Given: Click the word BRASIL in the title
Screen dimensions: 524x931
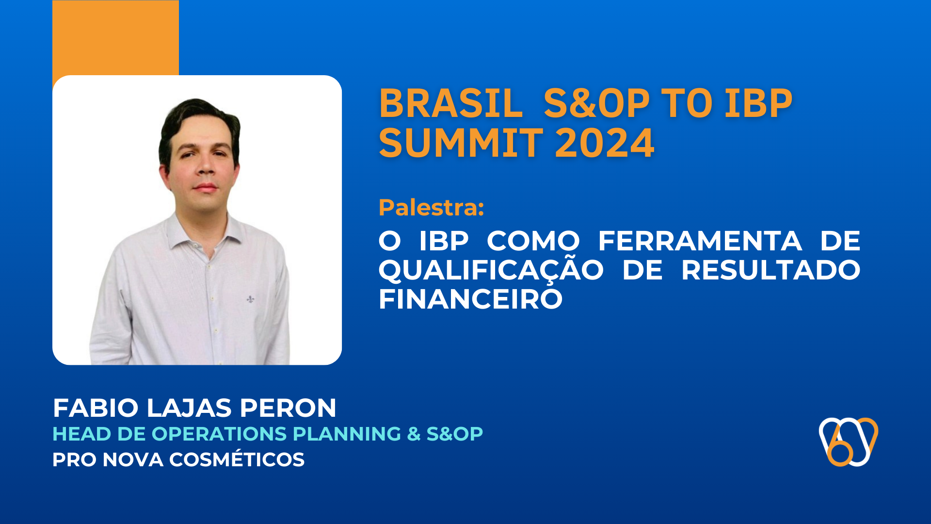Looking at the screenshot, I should click(450, 103).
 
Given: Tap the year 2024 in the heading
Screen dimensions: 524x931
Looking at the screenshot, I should click(604, 143).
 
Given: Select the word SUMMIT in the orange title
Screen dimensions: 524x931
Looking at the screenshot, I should click(461, 143).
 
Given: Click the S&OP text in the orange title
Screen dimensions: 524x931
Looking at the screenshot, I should click(596, 103).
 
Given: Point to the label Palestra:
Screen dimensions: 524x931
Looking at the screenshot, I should click(431, 208).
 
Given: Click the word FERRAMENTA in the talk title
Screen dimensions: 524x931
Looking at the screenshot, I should click(700, 241).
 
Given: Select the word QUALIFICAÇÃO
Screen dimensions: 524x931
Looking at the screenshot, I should click(491, 270).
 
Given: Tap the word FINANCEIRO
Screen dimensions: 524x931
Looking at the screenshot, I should click(470, 299).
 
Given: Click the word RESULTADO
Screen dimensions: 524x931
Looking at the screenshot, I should click(770, 270).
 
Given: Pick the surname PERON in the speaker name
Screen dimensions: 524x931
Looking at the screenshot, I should click(288, 408).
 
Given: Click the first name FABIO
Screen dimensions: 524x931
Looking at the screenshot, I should click(96, 408).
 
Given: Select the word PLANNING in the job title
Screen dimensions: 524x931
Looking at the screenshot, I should click(347, 434).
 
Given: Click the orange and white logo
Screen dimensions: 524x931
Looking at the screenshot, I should click(849, 442).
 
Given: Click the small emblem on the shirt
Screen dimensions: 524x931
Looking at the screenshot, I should click(250, 299).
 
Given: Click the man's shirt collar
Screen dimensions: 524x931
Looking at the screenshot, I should click(184, 233).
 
